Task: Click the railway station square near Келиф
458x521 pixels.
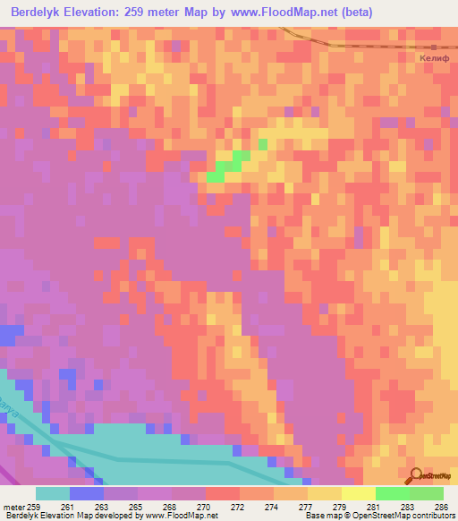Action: [434, 47]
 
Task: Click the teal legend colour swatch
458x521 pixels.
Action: [53, 493]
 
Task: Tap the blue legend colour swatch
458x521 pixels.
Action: [87, 493]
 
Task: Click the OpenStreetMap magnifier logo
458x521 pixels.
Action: [415, 475]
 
